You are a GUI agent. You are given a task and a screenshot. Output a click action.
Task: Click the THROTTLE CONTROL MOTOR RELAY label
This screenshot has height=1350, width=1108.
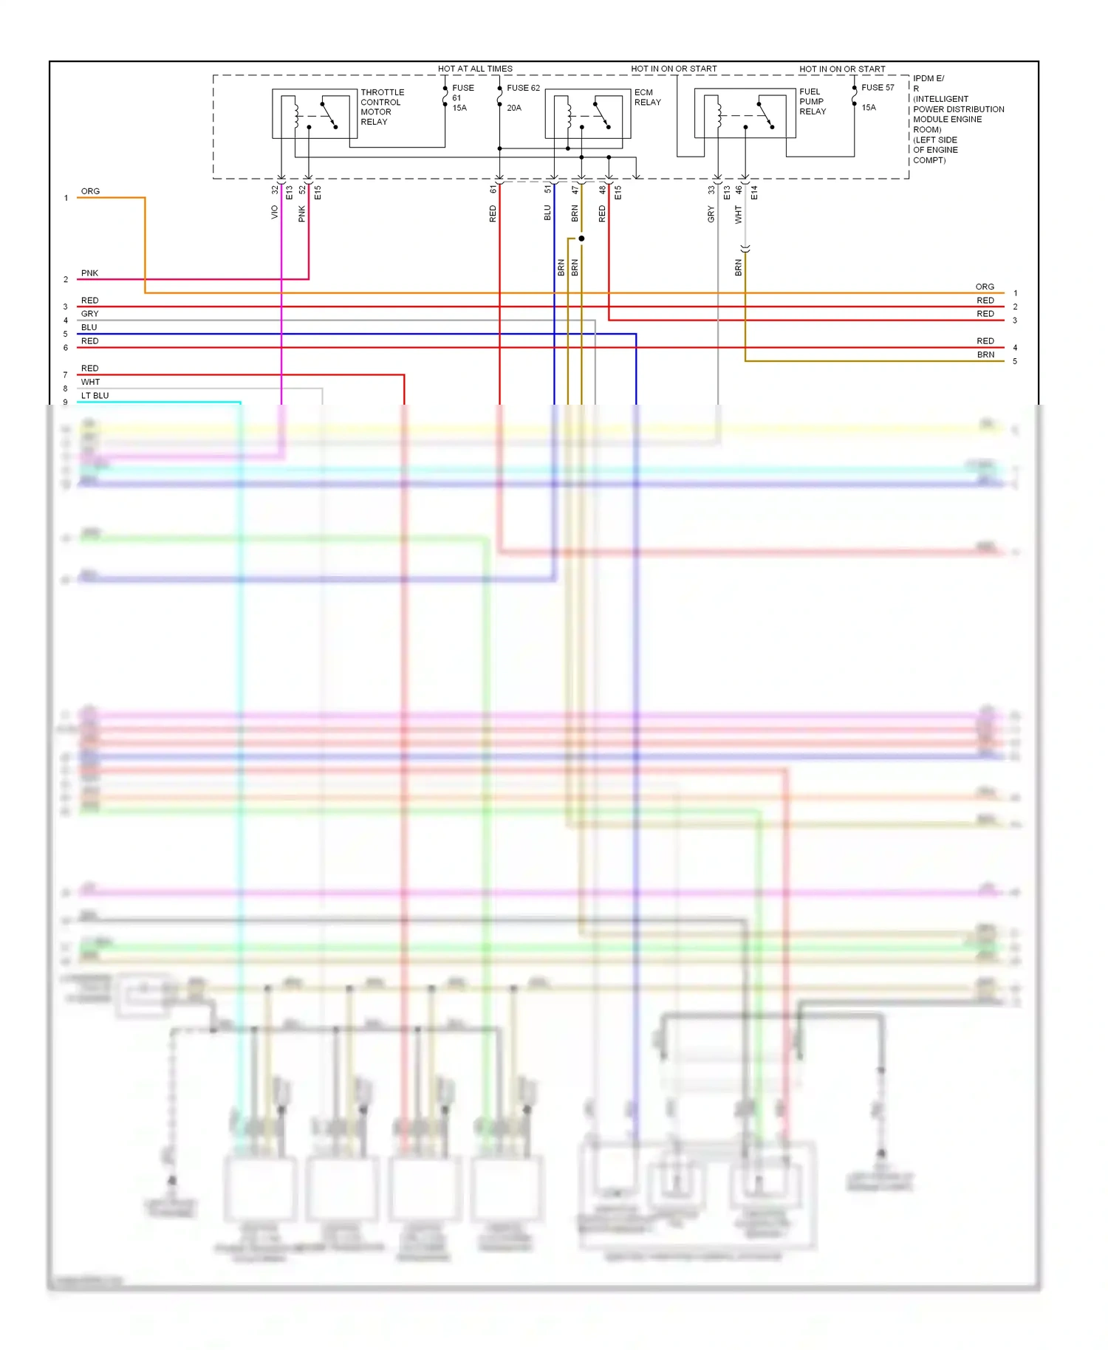coord(382,107)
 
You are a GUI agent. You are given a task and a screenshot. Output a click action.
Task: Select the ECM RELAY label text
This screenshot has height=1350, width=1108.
coord(647,97)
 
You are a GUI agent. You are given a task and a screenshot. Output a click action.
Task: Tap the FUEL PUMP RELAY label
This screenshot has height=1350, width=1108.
coord(812,102)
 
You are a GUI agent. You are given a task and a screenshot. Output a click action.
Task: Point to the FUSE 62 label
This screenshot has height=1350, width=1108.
coord(523,88)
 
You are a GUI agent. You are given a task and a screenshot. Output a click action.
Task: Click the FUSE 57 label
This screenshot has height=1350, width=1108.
coord(878,87)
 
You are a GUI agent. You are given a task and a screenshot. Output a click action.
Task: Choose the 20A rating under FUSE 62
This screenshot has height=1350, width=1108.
coord(514,108)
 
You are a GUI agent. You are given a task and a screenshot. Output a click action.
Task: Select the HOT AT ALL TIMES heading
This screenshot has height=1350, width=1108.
coord(475,69)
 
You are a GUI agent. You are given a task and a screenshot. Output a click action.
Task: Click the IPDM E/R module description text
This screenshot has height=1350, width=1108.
coord(957,119)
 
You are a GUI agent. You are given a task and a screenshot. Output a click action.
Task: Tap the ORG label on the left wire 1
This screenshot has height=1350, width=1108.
coord(90,191)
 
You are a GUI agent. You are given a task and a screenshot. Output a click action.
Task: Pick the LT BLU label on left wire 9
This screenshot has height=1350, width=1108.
coord(95,396)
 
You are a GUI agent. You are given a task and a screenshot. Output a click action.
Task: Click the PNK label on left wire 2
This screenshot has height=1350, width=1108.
coord(89,273)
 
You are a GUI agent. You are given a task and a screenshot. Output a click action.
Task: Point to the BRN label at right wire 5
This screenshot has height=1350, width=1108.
coord(985,354)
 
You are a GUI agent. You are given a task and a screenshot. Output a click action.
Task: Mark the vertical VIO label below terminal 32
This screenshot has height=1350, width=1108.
coord(275,212)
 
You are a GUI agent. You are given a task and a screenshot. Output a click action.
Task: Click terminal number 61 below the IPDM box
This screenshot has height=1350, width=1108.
coord(493,190)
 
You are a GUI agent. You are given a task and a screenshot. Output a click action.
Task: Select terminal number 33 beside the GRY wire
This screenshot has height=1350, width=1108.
coord(711,190)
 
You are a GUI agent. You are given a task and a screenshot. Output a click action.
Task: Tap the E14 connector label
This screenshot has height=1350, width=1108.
coord(754,193)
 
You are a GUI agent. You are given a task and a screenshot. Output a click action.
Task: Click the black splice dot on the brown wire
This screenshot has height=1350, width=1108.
coord(581,239)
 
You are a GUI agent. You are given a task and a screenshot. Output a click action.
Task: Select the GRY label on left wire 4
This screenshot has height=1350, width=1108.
coord(89,314)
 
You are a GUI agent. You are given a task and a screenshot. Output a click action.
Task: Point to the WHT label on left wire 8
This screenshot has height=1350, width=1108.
coord(90,382)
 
